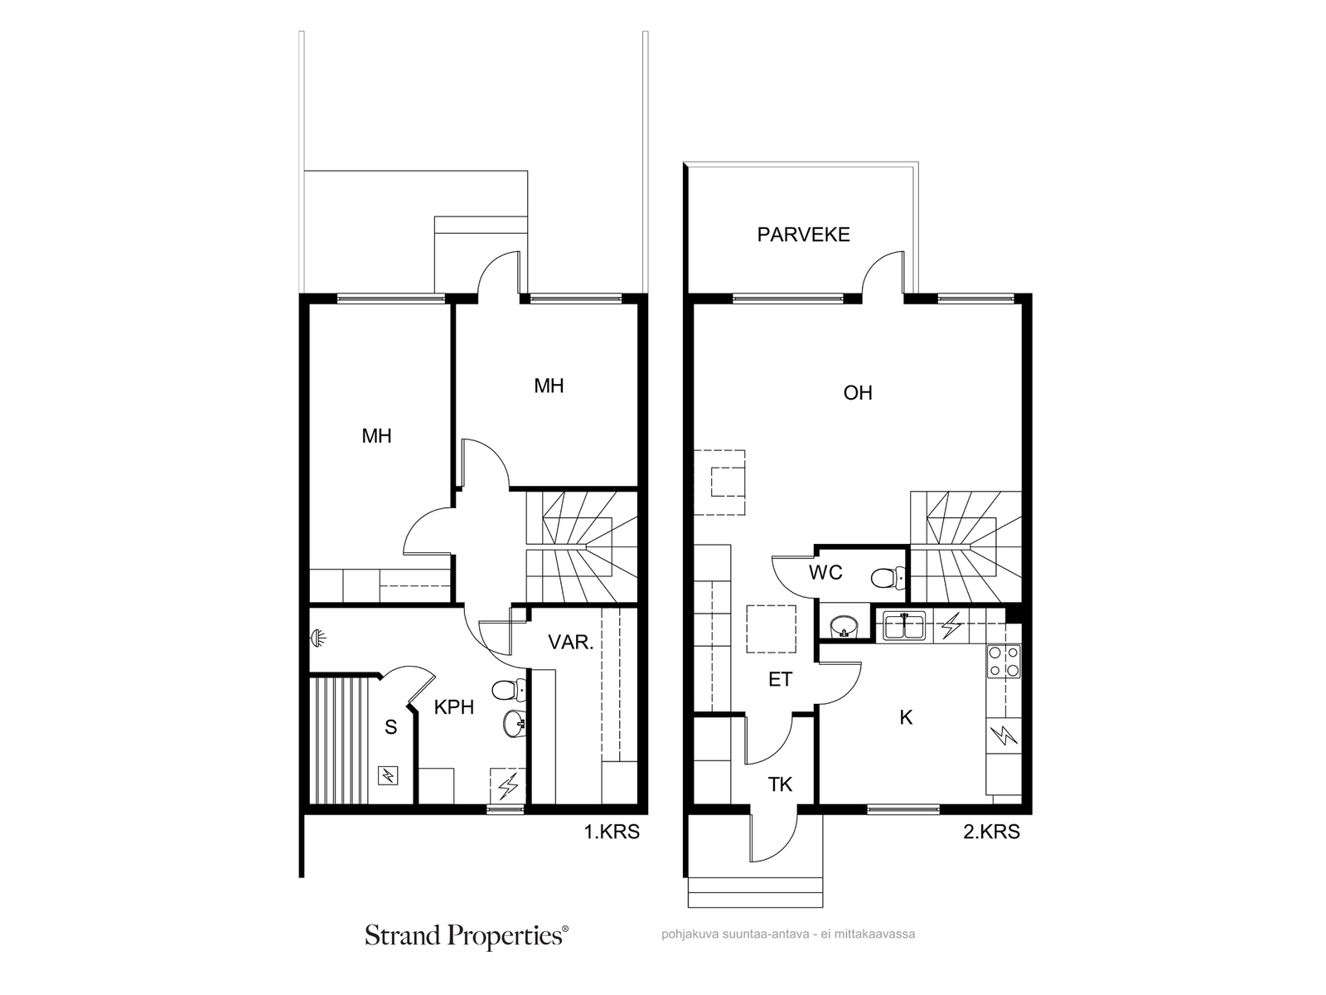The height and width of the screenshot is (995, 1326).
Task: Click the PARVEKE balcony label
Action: tap(803, 235)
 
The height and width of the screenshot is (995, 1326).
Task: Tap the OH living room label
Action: tap(857, 393)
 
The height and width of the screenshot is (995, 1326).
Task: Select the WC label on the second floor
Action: tap(825, 572)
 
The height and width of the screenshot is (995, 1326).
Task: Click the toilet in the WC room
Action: tap(888, 578)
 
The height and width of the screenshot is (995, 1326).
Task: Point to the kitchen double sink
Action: tap(904, 625)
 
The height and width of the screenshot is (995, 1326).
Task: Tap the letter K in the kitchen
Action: tap(906, 717)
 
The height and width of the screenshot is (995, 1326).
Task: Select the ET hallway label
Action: tap(780, 680)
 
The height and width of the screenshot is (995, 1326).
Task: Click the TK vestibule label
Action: tap(780, 784)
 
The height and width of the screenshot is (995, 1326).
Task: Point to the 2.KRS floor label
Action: tap(991, 832)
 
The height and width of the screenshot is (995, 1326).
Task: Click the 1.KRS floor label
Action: tap(612, 832)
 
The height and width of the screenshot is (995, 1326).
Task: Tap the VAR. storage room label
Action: tap(571, 642)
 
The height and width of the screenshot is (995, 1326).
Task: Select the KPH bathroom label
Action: tap(453, 706)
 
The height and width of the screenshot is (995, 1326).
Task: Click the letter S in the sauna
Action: tap(391, 727)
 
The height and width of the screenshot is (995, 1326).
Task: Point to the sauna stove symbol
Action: tap(388, 775)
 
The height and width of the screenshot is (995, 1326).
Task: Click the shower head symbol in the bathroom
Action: tap(317, 637)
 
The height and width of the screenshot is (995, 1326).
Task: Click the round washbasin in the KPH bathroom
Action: tap(514, 723)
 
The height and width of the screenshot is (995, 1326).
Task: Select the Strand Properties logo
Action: tap(467, 936)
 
